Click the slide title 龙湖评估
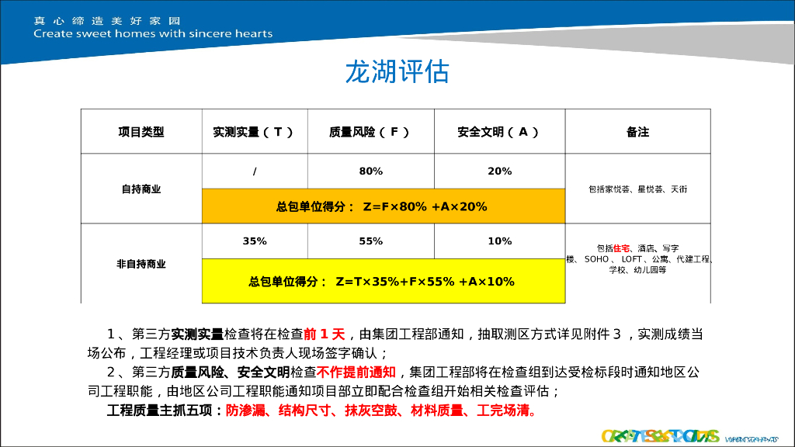click(x=397, y=72)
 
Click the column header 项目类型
click(x=141, y=132)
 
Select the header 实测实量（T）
click(x=254, y=132)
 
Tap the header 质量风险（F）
click(x=370, y=132)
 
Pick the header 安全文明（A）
click(x=498, y=132)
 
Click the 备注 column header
click(x=637, y=132)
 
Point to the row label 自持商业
click(x=141, y=189)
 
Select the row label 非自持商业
click(x=141, y=264)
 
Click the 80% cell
click(x=370, y=171)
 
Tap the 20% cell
click(x=499, y=171)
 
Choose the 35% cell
click(x=255, y=241)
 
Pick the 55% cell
click(x=370, y=241)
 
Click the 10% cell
click(x=499, y=241)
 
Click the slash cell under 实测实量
click(x=255, y=171)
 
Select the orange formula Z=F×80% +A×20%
click(x=382, y=206)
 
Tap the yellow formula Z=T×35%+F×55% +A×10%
click(x=382, y=281)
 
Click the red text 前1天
click(x=325, y=334)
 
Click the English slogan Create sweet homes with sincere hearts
click(x=153, y=33)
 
